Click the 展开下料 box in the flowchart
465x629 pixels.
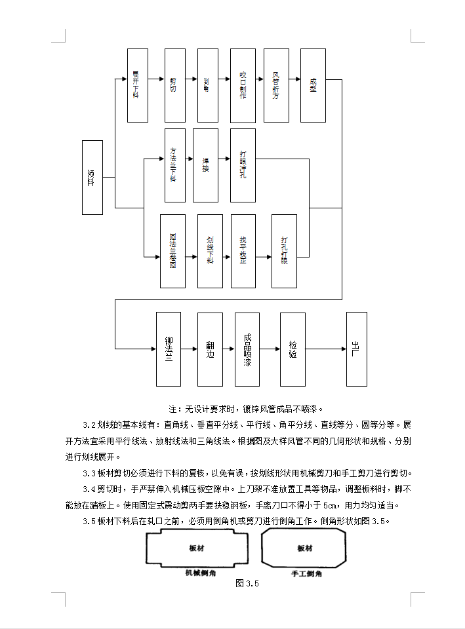coord(137,85)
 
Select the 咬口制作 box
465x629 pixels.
coord(243,85)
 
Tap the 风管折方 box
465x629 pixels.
coord(276,85)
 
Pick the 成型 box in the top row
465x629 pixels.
coord(313,85)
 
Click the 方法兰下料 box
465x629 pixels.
coord(174,165)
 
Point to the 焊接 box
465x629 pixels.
coord(206,165)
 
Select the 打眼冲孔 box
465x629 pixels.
coord(243,165)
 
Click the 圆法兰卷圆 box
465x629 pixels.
coord(172,251)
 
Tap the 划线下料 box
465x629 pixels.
coord(210,251)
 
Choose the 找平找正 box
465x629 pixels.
coord(243,251)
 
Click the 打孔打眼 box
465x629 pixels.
coord(284,251)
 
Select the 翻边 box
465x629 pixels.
coord(210,349)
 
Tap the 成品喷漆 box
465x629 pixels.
coord(247,349)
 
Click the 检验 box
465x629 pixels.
coord(293,349)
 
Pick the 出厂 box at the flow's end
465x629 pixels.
coord(356,349)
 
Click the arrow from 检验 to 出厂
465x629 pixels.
coord(325,349)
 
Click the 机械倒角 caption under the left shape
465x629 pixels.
coord(198,572)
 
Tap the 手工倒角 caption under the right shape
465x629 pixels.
coord(306,573)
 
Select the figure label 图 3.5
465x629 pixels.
coord(247,583)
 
